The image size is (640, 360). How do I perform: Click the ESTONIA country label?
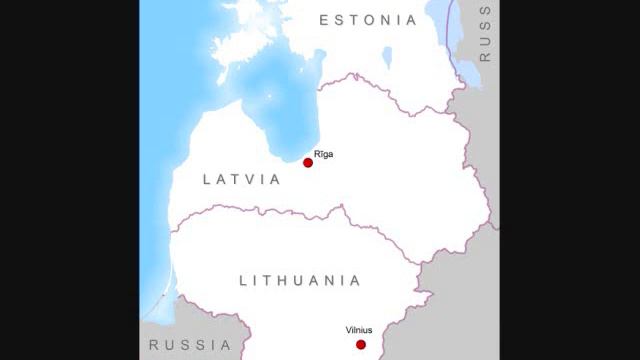tap(368, 20)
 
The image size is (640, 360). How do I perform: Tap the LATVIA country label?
tap(241, 180)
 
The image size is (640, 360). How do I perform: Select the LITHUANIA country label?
tap(299, 281)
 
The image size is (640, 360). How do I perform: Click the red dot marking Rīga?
tap(308, 162)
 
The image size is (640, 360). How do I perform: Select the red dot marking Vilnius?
tap(361, 344)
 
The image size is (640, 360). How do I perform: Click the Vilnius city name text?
tap(360, 328)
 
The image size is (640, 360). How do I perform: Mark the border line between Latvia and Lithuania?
tap(300, 212)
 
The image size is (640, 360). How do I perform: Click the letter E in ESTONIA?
tap(324, 20)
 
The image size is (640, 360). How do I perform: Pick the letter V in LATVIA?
tap(256, 180)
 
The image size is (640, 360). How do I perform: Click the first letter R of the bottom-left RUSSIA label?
tap(154, 345)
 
